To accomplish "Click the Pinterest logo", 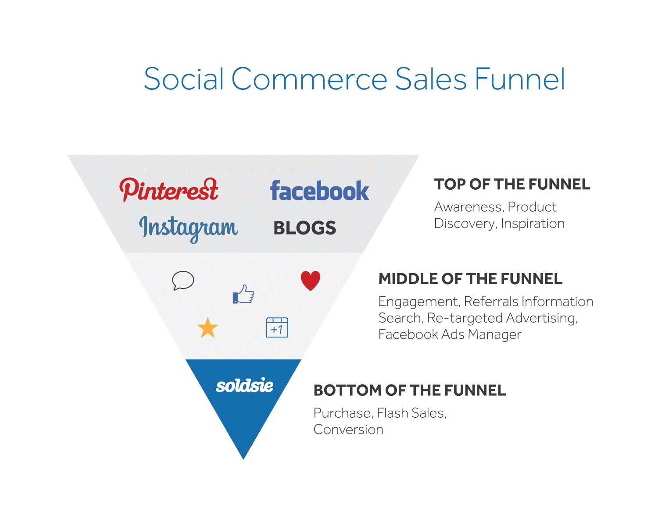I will [x=169, y=190].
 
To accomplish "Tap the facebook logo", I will [x=319, y=191].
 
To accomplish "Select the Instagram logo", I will [x=188, y=228].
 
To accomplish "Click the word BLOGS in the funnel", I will [x=305, y=228].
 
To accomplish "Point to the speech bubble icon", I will [x=183, y=281].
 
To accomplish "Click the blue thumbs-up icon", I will [x=243, y=294].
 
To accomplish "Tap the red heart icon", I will [x=311, y=281].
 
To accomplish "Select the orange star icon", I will [x=207, y=328].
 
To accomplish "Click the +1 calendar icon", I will [x=277, y=327].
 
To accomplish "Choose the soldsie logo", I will [x=244, y=386].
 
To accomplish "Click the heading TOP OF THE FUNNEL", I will [x=512, y=185].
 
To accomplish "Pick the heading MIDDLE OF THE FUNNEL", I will [x=470, y=279].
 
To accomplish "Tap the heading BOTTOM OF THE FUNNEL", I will [x=410, y=390].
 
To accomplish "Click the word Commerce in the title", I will [x=309, y=79].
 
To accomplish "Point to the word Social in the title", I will [x=184, y=79].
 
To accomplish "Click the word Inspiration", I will [x=533, y=224].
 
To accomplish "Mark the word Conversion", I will [x=348, y=430].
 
